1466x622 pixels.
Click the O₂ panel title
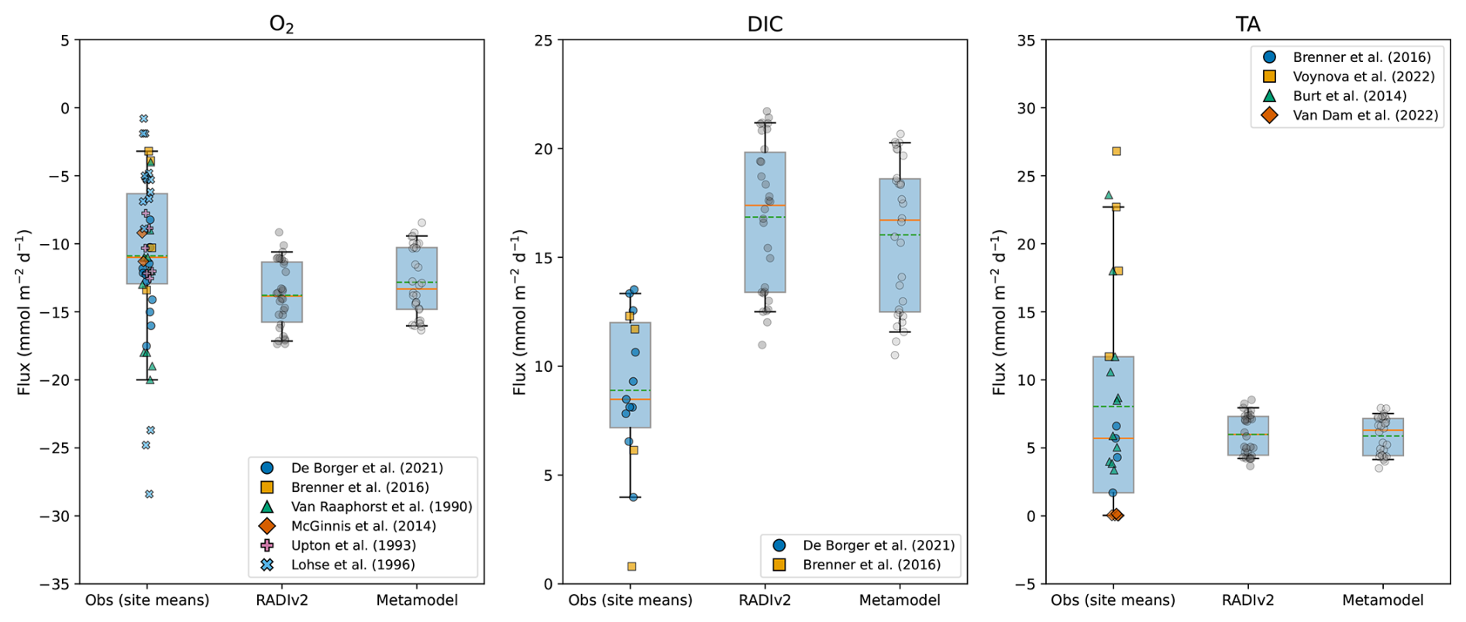281,24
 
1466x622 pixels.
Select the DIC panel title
764,24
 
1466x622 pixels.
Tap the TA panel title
1247,24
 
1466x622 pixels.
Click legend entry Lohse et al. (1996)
353,565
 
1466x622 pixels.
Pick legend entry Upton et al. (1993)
353,545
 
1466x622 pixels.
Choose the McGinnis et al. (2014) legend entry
363,526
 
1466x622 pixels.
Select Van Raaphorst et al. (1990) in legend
381,507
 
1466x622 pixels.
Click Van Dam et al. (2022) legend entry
1365,115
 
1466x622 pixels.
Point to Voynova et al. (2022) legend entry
1364,77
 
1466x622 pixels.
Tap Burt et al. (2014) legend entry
1350,96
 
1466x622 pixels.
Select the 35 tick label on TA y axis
1026,40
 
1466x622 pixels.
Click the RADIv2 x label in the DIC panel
765,600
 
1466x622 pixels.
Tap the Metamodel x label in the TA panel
1382,600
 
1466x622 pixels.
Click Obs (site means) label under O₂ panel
147,600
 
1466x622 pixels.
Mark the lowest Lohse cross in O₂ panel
150,494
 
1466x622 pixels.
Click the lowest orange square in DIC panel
631,566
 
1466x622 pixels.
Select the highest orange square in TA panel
1117,151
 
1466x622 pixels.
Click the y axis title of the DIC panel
520,312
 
